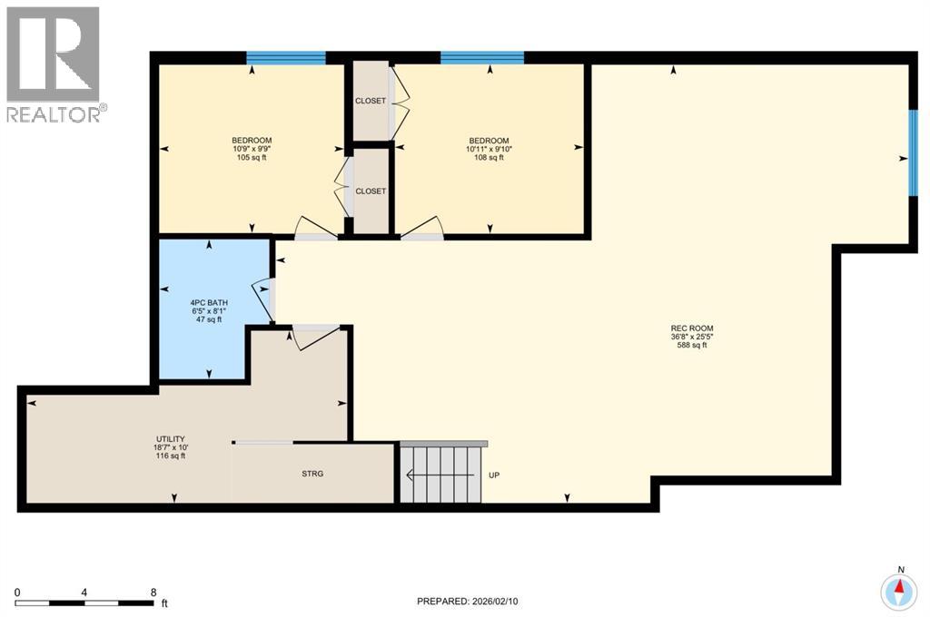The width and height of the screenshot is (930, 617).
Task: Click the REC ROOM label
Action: (x=687, y=328)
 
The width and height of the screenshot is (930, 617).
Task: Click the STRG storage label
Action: (x=312, y=473)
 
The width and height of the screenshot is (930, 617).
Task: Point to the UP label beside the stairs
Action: (x=494, y=475)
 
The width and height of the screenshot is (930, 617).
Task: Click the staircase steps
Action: (x=440, y=473)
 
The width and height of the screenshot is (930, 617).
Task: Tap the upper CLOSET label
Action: (x=371, y=101)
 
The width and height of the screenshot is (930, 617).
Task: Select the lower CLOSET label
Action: (x=371, y=191)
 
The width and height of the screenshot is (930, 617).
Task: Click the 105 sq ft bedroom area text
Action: (x=252, y=158)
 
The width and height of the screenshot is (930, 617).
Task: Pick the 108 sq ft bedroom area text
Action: (x=490, y=158)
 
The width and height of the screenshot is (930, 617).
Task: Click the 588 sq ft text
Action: (x=687, y=345)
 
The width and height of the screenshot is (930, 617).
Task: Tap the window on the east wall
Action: (x=911, y=153)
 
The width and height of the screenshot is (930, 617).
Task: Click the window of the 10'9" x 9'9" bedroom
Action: (x=286, y=58)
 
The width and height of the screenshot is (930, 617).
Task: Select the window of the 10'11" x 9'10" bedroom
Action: (x=482, y=58)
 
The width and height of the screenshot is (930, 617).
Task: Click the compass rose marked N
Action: (x=899, y=591)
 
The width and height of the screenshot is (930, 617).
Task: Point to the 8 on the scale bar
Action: (x=152, y=592)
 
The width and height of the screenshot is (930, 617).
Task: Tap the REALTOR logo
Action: (x=54, y=64)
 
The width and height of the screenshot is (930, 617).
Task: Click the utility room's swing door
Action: (x=313, y=335)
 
